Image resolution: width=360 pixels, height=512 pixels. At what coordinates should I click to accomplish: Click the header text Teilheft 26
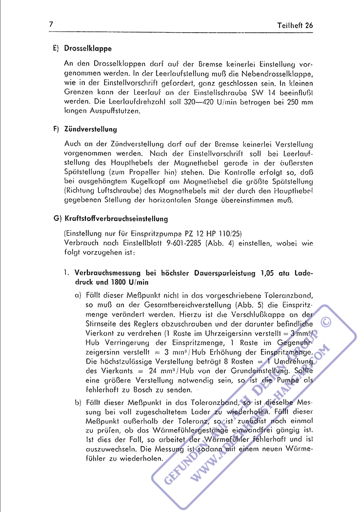[x=295, y=25]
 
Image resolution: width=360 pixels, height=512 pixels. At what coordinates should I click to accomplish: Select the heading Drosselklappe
[x=88, y=49]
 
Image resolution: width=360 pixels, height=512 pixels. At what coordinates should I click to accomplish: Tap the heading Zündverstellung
[x=90, y=129]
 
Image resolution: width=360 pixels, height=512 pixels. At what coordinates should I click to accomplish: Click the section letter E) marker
[x=56, y=49]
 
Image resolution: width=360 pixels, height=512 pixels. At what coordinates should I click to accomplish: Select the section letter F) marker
[x=56, y=129]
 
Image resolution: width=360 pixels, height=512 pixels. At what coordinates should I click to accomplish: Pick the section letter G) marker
[x=56, y=219]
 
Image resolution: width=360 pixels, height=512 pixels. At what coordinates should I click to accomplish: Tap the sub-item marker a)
[x=78, y=295]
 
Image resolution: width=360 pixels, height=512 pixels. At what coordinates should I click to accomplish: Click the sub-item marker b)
[x=78, y=402]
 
